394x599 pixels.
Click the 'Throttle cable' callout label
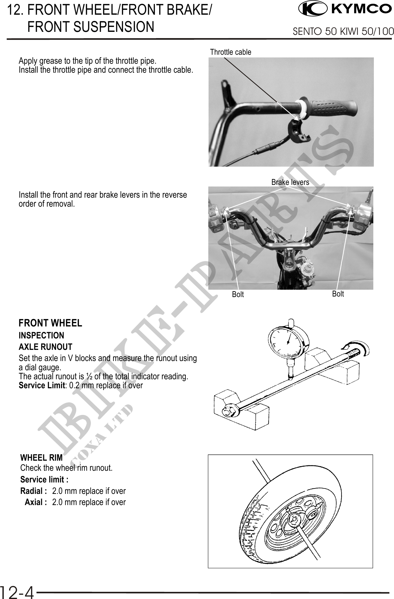[x=231, y=52]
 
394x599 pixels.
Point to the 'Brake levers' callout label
[x=290, y=182]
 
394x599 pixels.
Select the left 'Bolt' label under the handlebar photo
[x=238, y=294]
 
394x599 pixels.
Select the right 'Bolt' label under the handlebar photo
[x=338, y=294]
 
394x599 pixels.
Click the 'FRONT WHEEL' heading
[x=50, y=323]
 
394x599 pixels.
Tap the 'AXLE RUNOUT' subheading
[x=45, y=347]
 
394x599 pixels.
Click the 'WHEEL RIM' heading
[x=41, y=458]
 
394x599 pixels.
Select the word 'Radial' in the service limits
[x=32, y=491]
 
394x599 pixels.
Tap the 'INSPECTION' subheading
[x=41, y=335]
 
